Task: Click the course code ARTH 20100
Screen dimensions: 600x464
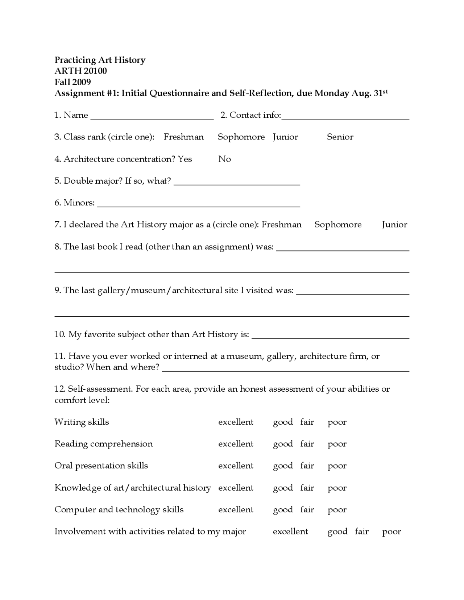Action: [x=80, y=71]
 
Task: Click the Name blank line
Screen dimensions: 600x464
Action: [x=152, y=117]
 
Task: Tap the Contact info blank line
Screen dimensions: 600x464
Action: [x=345, y=117]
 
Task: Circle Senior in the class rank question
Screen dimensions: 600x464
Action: [x=340, y=137]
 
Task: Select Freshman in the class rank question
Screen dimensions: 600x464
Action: [x=183, y=137]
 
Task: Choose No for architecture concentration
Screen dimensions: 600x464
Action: [x=224, y=159]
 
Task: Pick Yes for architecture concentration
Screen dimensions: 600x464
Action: [x=185, y=159]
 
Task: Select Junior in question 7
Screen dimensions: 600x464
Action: [x=394, y=225]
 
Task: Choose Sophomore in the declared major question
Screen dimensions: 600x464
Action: [x=338, y=225]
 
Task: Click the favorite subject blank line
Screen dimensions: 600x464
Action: [x=330, y=337]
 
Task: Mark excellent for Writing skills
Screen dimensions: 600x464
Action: [x=236, y=422]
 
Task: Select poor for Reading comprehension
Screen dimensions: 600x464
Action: [x=337, y=444]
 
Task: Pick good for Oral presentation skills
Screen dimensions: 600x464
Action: [x=283, y=466]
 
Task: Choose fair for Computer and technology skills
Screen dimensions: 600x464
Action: [x=307, y=510]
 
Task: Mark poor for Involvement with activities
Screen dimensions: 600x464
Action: [x=391, y=532]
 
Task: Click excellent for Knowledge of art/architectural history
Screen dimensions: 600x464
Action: [x=236, y=488]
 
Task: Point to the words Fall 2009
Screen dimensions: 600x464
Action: [x=72, y=82]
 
